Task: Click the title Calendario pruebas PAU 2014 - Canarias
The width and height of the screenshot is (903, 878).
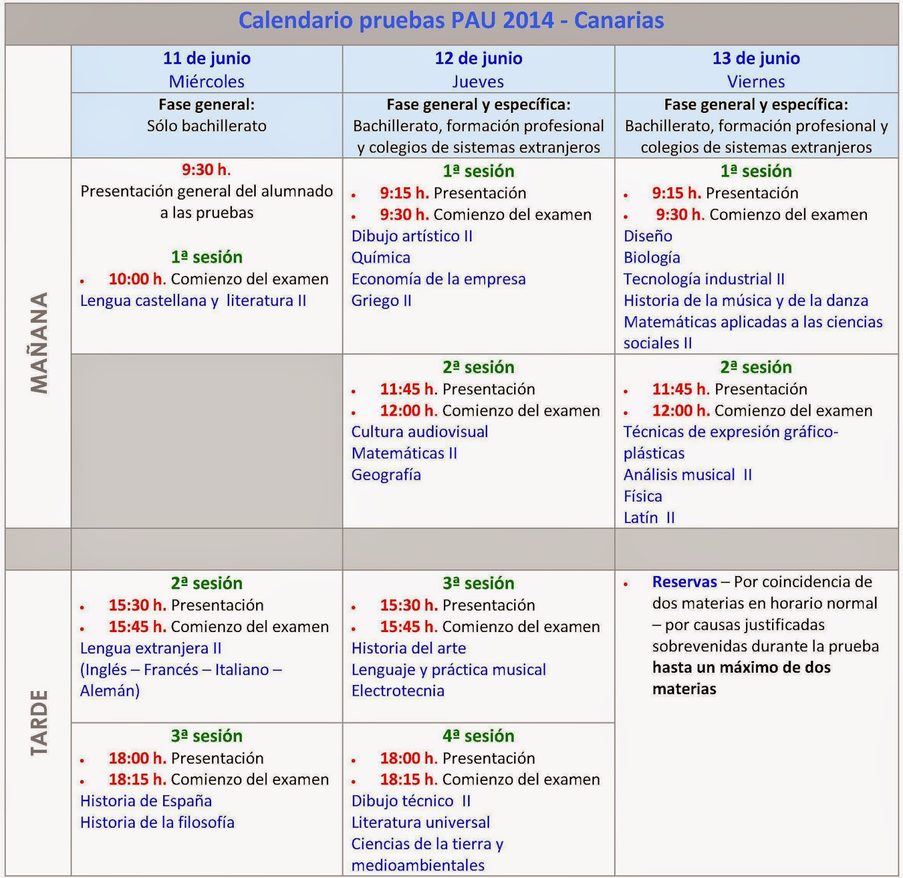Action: tap(451, 21)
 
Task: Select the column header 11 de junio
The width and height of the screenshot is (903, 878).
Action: tap(207, 58)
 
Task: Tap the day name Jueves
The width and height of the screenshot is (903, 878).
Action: tap(478, 82)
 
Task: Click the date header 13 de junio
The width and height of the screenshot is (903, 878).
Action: tap(756, 58)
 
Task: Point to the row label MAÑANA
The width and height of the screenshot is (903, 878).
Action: tap(38, 343)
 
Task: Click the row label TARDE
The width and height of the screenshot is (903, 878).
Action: tap(38, 722)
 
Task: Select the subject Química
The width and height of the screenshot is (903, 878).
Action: tap(381, 258)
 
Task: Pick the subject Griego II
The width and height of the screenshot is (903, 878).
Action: tap(382, 301)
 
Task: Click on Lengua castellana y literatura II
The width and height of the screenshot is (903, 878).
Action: tap(193, 301)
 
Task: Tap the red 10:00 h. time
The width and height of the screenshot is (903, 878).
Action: tap(137, 279)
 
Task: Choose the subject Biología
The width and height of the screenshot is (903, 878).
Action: tap(652, 258)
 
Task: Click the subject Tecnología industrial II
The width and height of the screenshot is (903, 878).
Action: tap(704, 279)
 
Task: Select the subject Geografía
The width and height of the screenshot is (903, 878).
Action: tap(386, 475)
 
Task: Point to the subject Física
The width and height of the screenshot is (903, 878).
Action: tap(643, 497)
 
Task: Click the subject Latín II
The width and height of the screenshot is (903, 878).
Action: tap(649, 518)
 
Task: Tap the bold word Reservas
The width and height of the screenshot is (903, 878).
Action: tap(685, 582)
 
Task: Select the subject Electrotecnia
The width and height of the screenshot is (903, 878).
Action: tap(398, 691)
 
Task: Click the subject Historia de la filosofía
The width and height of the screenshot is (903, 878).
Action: tap(157, 823)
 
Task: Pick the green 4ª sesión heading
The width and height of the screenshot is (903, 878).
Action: tap(478, 736)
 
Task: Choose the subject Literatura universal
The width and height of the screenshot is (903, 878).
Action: tap(420, 823)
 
